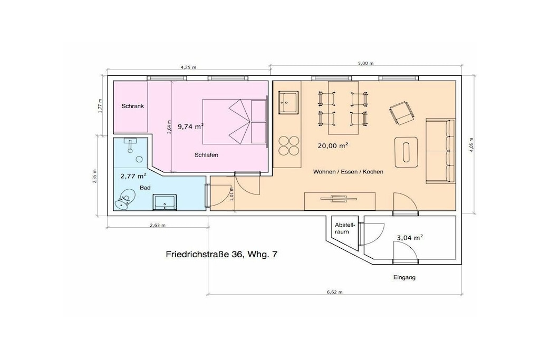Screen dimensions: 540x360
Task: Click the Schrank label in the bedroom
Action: click(132, 106)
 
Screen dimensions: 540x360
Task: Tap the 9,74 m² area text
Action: click(190, 127)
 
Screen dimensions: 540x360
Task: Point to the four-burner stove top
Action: click(288, 145)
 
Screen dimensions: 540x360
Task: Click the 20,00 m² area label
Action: click(333, 145)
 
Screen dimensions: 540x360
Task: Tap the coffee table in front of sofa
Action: click(407, 152)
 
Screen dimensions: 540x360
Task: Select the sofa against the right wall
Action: click(440, 151)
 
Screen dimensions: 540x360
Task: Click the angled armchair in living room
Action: click(401, 113)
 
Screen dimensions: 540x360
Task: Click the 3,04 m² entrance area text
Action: click(410, 238)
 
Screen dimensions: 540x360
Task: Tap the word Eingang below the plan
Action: click(404, 277)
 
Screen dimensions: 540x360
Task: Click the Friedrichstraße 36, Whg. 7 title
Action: click(221, 255)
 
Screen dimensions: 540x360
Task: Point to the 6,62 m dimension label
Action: click(334, 292)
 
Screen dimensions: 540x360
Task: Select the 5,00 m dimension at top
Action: click(365, 63)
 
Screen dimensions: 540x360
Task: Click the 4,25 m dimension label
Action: click(188, 67)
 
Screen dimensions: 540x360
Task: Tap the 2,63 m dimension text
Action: click(157, 226)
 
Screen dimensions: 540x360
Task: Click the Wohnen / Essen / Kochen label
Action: click(348, 171)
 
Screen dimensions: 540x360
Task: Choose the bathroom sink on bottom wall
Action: click(165, 202)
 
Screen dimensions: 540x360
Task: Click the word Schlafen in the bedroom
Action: click(206, 155)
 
